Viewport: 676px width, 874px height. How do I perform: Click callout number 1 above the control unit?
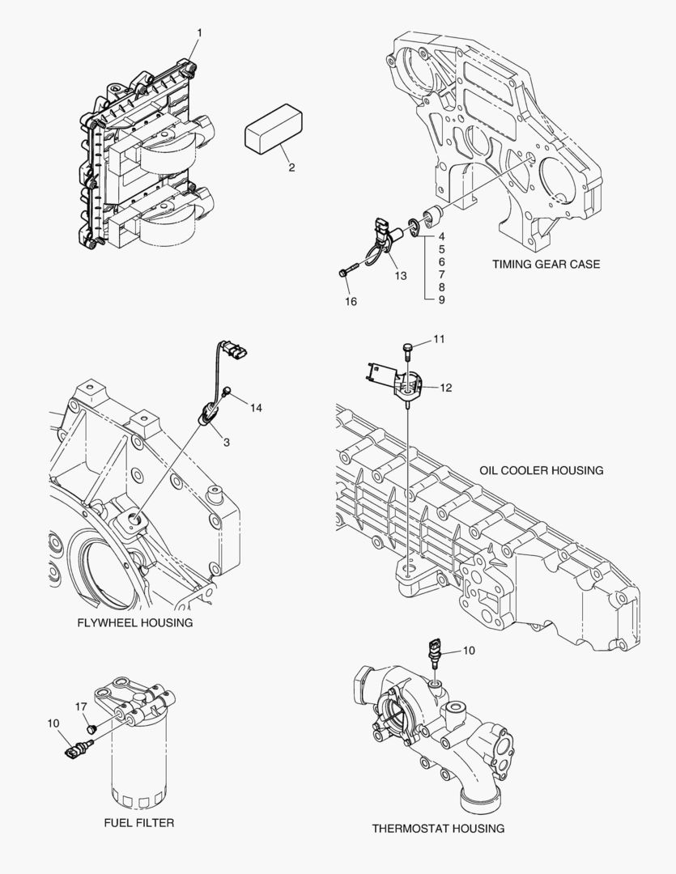pyautogui.click(x=199, y=32)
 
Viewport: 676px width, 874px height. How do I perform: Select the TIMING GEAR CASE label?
pyautogui.click(x=546, y=265)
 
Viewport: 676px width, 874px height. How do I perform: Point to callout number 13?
pyautogui.click(x=400, y=276)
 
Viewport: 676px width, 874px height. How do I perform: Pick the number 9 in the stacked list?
pyautogui.click(x=441, y=299)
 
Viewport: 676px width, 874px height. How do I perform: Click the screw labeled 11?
pyautogui.click(x=407, y=348)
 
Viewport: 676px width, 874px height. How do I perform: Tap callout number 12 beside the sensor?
pyautogui.click(x=446, y=388)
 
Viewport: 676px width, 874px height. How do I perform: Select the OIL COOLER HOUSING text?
pyautogui.click(x=541, y=470)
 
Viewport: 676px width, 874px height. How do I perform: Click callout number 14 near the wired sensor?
pyautogui.click(x=256, y=408)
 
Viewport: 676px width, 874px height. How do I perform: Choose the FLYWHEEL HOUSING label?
pyautogui.click(x=134, y=622)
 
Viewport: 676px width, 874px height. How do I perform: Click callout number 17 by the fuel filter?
pyautogui.click(x=81, y=706)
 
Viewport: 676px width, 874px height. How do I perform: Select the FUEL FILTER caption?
pyautogui.click(x=139, y=822)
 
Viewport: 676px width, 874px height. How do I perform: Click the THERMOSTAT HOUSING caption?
pyautogui.click(x=438, y=828)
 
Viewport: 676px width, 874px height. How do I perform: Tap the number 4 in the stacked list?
pyautogui.click(x=441, y=238)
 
